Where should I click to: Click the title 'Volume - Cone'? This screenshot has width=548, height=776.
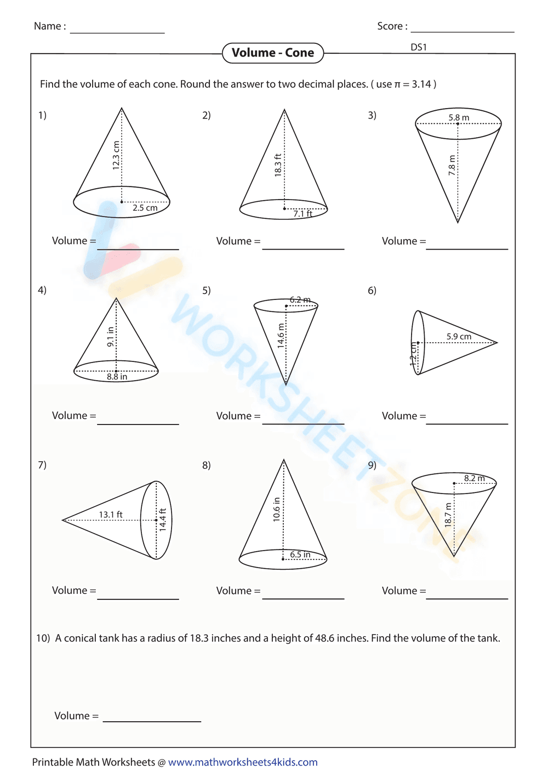pyautogui.click(x=273, y=53)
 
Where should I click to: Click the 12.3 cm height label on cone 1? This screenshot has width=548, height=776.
pyautogui.click(x=116, y=155)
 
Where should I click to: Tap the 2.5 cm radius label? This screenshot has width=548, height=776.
pyautogui.click(x=145, y=208)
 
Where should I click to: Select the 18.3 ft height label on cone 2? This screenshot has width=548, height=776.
pyautogui.click(x=278, y=165)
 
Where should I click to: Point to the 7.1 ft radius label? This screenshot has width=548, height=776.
pyautogui.click(x=302, y=214)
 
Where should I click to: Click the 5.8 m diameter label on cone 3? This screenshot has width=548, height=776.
pyautogui.click(x=459, y=117)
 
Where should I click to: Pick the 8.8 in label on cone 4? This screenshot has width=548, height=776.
pyautogui.click(x=117, y=377)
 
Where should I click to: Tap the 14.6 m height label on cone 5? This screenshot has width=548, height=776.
pyautogui.click(x=281, y=336)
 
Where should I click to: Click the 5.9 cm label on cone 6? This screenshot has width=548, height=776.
pyautogui.click(x=459, y=336)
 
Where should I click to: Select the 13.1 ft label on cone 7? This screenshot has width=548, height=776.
pyautogui.click(x=111, y=514)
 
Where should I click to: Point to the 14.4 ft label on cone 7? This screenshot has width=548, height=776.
pyautogui.click(x=163, y=519)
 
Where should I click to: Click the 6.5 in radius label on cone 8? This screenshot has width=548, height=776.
pyautogui.click(x=300, y=554)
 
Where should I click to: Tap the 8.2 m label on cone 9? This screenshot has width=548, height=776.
pyautogui.click(x=475, y=478)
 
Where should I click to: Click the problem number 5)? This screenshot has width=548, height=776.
pyautogui.click(x=207, y=290)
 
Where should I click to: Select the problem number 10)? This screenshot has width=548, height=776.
pyautogui.click(x=43, y=638)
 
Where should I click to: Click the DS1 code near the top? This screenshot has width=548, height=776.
pyautogui.click(x=419, y=47)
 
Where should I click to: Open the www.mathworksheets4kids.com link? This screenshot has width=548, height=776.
pyautogui.click(x=243, y=762)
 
